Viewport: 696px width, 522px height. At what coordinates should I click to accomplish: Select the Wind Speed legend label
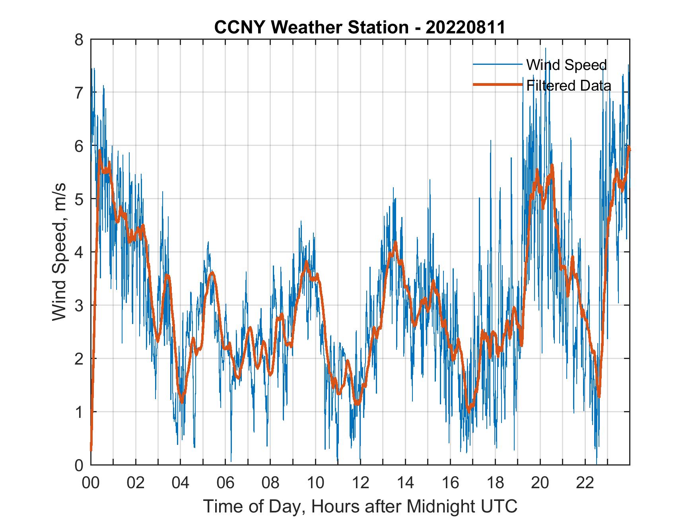tap(566, 64)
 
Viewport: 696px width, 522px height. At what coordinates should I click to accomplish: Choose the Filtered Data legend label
tap(568, 85)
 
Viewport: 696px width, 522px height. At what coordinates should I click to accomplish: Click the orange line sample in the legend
tap(498, 85)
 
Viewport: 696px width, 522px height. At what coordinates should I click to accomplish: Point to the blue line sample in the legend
tap(498, 64)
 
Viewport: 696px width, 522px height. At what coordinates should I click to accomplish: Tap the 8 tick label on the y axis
tap(80, 39)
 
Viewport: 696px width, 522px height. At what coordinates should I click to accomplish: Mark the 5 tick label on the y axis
tap(80, 199)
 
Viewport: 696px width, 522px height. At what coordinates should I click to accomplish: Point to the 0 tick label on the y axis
tap(80, 465)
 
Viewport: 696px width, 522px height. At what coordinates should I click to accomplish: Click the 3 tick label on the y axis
tap(80, 305)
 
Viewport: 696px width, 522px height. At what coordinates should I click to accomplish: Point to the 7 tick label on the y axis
tap(80, 93)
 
